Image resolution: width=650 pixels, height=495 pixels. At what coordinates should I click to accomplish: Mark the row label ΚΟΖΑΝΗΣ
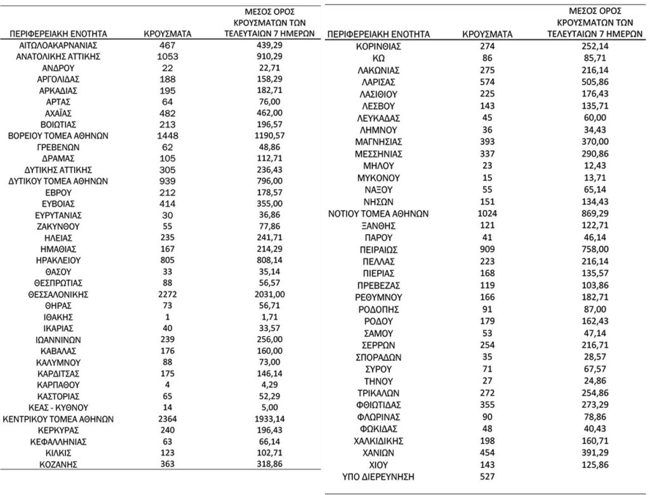[x=58, y=464]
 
